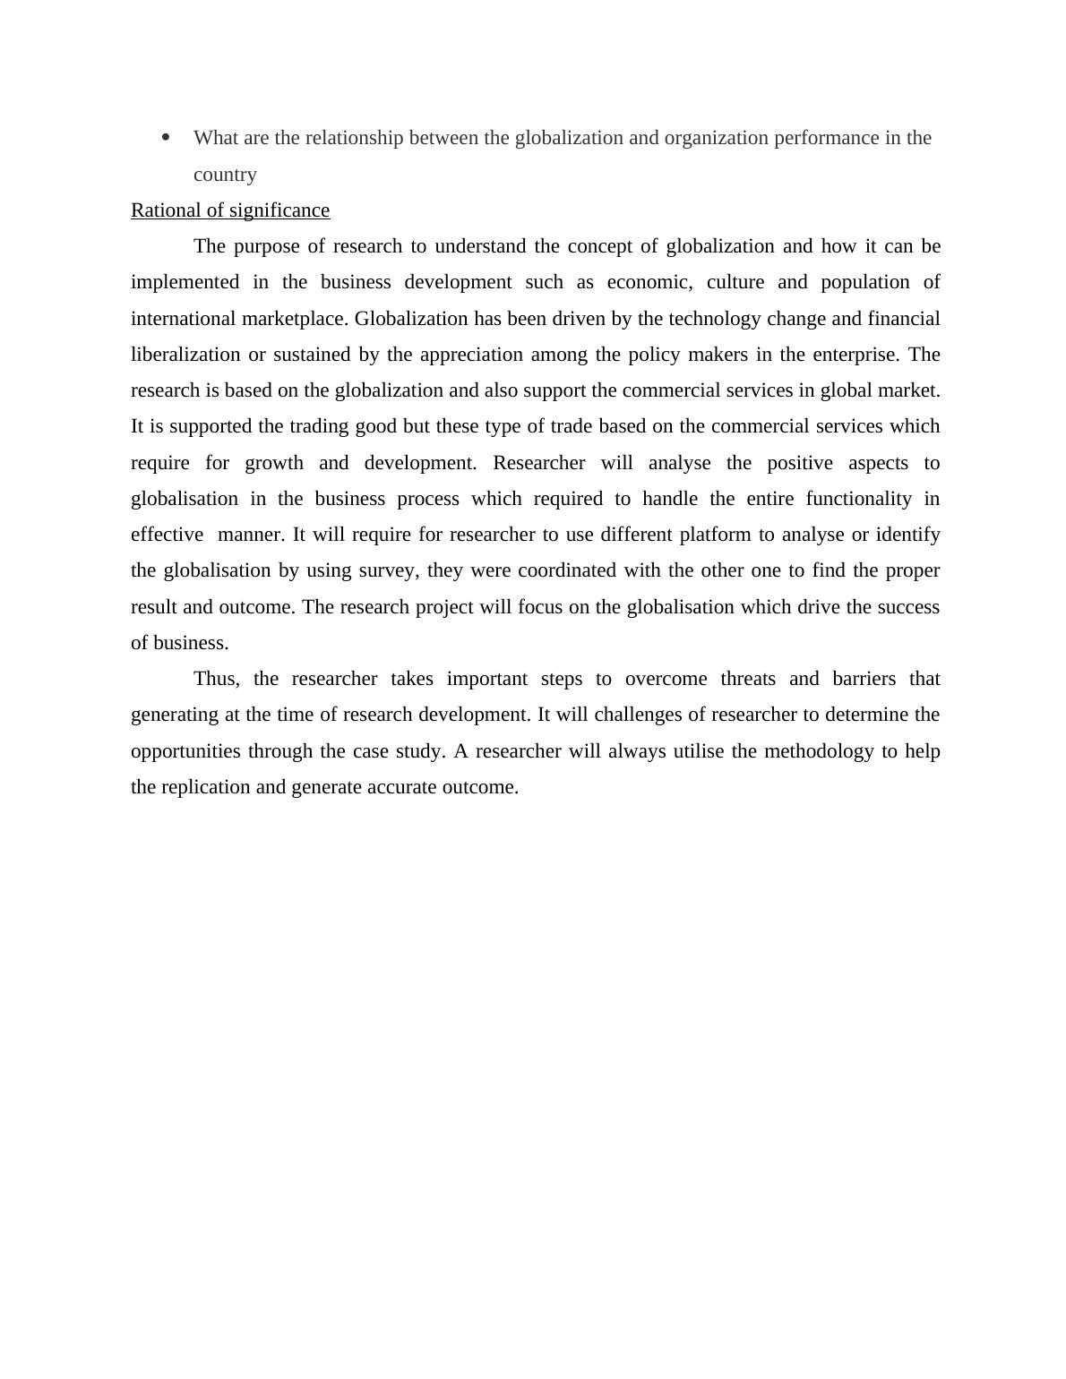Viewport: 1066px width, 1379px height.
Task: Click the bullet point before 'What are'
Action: click(165, 137)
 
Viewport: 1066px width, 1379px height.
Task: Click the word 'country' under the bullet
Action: click(225, 175)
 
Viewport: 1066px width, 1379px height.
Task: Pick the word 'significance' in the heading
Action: click(279, 210)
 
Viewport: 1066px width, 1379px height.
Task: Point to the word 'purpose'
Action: click(266, 246)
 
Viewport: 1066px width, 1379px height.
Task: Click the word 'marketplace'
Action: click(295, 319)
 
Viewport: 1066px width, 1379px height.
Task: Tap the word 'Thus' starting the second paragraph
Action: click(216, 679)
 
